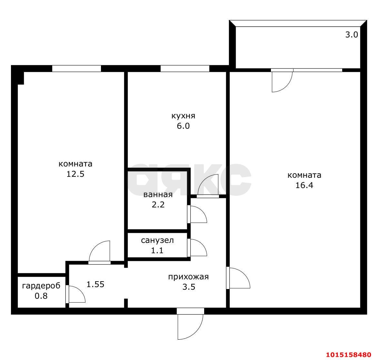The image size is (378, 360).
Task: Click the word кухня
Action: click(x=183, y=116)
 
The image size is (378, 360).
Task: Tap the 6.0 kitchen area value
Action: click(x=183, y=126)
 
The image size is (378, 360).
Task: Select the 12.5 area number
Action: click(x=75, y=174)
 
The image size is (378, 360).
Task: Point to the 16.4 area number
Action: click(x=304, y=185)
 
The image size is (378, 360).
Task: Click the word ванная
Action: click(x=158, y=195)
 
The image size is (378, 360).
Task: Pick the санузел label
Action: click(x=157, y=240)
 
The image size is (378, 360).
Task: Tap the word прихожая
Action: click(x=189, y=277)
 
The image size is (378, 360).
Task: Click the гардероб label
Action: click(x=41, y=286)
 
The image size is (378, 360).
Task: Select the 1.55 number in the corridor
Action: click(x=95, y=284)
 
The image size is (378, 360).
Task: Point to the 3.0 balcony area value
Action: click(x=352, y=35)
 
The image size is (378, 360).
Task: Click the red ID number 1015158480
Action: click(x=349, y=355)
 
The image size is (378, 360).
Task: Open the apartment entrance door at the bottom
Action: click(x=190, y=324)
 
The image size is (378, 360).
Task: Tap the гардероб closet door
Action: click(x=75, y=294)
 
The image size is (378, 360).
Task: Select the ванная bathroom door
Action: click(x=197, y=214)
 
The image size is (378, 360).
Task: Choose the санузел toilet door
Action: click(x=197, y=248)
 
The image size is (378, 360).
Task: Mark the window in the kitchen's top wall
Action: click(x=185, y=68)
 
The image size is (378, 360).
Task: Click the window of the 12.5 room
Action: click(x=77, y=68)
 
